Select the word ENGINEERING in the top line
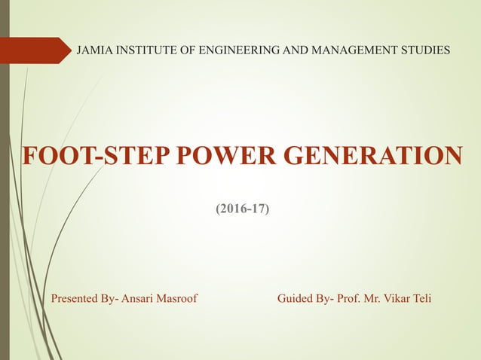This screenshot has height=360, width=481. tap(237, 50)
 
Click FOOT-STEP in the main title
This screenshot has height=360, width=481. tap(83, 156)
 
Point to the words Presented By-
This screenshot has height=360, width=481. tap(84, 299)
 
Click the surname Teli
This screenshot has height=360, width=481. tap(422, 299)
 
